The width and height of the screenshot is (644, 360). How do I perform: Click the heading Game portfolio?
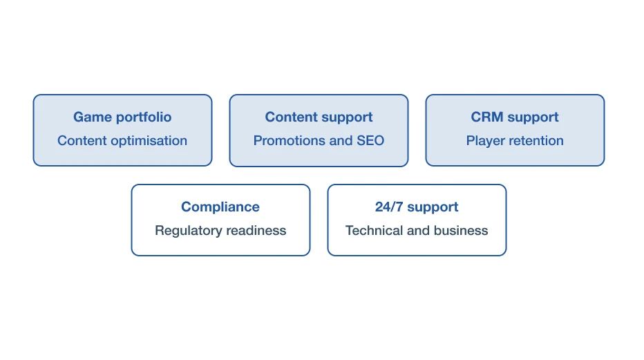click(122, 117)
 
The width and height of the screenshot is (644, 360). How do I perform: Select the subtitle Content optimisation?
click(122, 141)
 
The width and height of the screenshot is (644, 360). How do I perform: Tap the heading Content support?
click(319, 117)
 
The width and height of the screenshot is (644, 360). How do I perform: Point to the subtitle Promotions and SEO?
click(319, 140)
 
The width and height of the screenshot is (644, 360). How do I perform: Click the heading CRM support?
click(515, 117)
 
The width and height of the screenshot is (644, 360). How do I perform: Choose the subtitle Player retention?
click(515, 141)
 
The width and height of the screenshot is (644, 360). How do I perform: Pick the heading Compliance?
click(220, 207)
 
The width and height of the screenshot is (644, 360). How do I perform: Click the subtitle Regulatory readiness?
click(220, 231)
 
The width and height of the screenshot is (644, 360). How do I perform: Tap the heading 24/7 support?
click(417, 207)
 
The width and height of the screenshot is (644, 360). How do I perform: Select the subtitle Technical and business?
click(417, 230)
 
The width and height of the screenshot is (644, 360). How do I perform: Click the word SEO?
click(370, 140)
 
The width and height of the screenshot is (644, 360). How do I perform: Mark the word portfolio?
click(144, 117)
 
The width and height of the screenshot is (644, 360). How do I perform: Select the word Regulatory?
click(189, 231)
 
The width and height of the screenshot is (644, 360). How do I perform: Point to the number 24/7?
click(389, 207)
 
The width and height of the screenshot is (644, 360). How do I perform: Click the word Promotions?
click(289, 140)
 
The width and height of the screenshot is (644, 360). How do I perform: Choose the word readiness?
click(256, 230)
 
